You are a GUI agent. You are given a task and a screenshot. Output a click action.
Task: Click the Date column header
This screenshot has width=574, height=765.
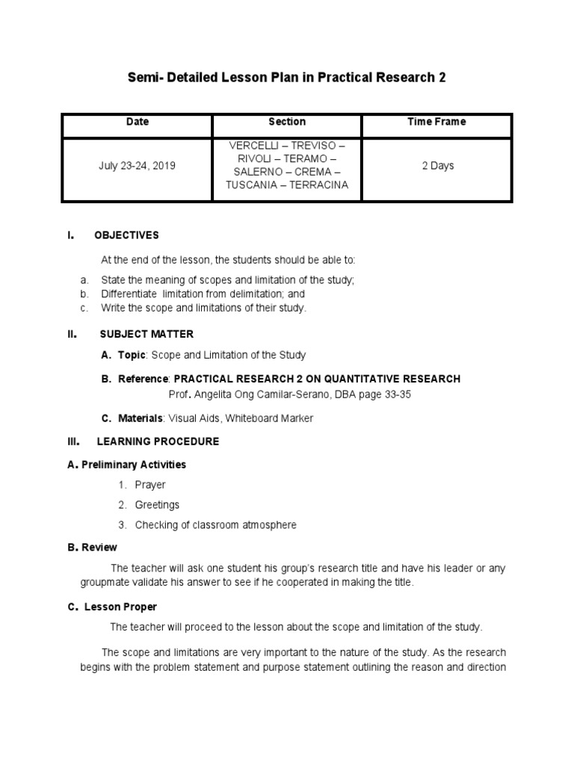pyautogui.click(x=138, y=122)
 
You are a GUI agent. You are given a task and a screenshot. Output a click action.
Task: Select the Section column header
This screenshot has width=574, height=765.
pyautogui.click(x=287, y=122)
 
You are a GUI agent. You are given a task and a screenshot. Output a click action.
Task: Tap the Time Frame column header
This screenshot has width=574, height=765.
pyautogui.click(x=437, y=122)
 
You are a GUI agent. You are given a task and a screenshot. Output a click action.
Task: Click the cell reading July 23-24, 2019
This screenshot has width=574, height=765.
pyautogui.click(x=138, y=165)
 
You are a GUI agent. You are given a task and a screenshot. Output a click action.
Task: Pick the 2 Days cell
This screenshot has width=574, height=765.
pyautogui.click(x=437, y=165)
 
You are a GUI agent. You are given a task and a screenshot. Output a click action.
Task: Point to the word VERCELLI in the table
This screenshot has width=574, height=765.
pyautogui.click(x=252, y=145)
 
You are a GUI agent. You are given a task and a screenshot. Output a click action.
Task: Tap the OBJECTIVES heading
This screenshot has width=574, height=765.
pyautogui.click(x=126, y=235)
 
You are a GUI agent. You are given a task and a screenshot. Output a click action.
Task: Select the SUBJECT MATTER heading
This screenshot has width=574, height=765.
pyautogui.click(x=146, y=334)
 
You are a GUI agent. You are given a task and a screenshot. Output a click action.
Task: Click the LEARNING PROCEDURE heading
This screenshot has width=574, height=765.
pyautogui.click(x=158, y=442)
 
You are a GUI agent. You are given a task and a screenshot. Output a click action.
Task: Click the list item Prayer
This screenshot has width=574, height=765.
pyautogui.click(x=150, y=485)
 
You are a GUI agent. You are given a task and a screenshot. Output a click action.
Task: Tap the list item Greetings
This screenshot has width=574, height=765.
pyautogui.click(x=157, y=505)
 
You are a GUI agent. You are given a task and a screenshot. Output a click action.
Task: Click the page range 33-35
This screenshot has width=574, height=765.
pyautogui.click(x=396, y=394)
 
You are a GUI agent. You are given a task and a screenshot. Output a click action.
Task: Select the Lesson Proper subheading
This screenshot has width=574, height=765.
pyautogui.click(x=120, y=607)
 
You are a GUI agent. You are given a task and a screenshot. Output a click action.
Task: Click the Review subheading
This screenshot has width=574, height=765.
pyautogui.click(x=99, y=548)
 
